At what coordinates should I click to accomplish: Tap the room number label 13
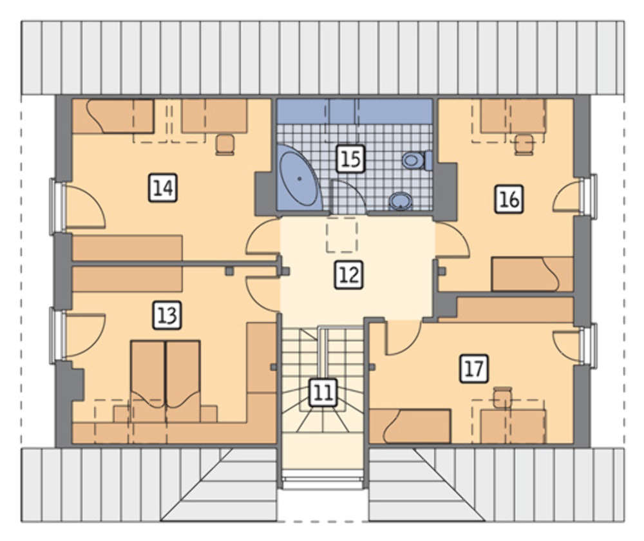[167, 316]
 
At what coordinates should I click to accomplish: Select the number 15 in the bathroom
[350, 158]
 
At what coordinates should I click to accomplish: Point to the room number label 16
[509, 200]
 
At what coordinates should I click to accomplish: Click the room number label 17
[474, 368]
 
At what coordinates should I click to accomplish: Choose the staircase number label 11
[323, 392]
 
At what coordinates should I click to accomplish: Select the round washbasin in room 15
[400, 202]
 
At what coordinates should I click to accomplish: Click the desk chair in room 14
[225, 145]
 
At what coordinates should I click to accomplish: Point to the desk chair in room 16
[524, 145]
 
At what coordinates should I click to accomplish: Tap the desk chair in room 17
[502, 397]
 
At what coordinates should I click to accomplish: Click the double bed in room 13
[166, 381]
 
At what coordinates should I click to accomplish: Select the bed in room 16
[533, 274]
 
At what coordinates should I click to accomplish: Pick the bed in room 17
[410, 426]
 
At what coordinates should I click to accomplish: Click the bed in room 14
[113, 117]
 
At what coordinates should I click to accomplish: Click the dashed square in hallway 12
[342, 235]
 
